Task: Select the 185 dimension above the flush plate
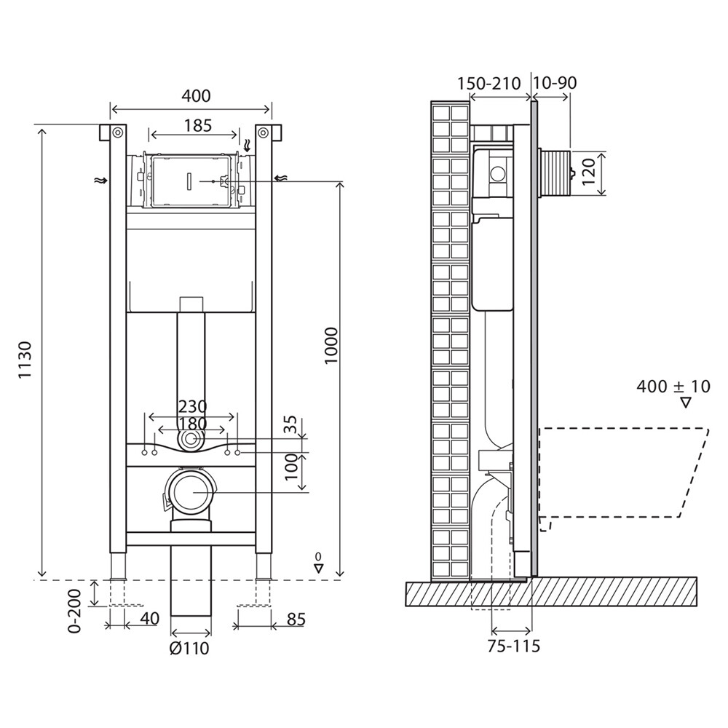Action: [198, 125]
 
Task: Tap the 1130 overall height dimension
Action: [25, 360]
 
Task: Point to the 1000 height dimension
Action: [331, 346]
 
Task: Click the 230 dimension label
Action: [193, 407]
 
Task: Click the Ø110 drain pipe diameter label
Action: [189, 648]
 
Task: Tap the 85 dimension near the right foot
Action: [296, 620]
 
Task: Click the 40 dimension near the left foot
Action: [149, 618]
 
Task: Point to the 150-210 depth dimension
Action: [489, 84]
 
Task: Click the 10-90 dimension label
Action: [554, 83]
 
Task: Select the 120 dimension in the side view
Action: [589, 171]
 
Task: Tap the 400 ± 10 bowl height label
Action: [673, 387]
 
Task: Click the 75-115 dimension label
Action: [514, 646]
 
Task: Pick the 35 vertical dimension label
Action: [291, 425]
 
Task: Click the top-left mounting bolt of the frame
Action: [118, 132]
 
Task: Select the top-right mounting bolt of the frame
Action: [264, 132]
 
